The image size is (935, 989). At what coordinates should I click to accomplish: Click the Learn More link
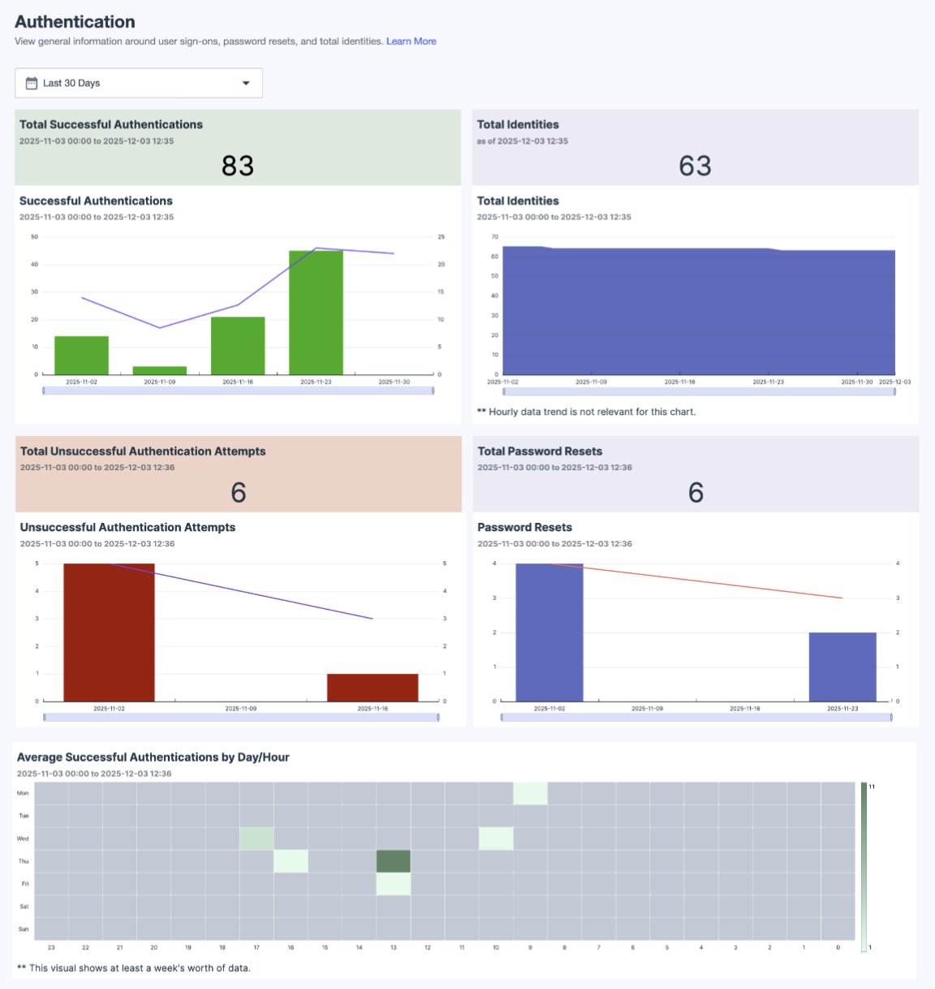point(411,41)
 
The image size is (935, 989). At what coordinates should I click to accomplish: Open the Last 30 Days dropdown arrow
point(246,83)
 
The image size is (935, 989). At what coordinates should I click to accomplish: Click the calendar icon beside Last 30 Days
point(32,83)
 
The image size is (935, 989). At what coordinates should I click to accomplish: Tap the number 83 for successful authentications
point(238,166)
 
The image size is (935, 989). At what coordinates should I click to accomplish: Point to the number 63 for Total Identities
point(695,166)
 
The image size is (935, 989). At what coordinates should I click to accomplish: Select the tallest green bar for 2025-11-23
point(316,313)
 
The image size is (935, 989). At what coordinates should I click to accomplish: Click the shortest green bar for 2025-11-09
point(160,370)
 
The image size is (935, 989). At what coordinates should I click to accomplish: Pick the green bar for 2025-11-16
point(238,346)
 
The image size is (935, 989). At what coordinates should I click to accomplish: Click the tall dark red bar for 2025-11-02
point(109,632)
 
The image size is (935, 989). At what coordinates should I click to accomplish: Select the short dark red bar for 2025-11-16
point(373,688)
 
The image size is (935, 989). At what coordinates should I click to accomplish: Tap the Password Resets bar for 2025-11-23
point(842,667)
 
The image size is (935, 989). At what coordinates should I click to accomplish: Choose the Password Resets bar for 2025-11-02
point(549,632)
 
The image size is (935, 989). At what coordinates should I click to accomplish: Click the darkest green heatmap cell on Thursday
point(394,862)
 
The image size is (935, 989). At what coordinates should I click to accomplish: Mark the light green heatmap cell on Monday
point(530,793)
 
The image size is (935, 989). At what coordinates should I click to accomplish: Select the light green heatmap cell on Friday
point(394,884)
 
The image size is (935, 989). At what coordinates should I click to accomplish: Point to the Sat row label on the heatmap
point(24,906)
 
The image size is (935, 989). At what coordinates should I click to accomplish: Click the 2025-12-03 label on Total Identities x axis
point(894,382)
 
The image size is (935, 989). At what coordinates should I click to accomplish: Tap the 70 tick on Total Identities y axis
point(494,237)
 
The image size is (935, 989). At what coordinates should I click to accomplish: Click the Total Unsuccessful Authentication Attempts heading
point(143,451)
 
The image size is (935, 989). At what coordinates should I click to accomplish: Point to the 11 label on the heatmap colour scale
point(873,787)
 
